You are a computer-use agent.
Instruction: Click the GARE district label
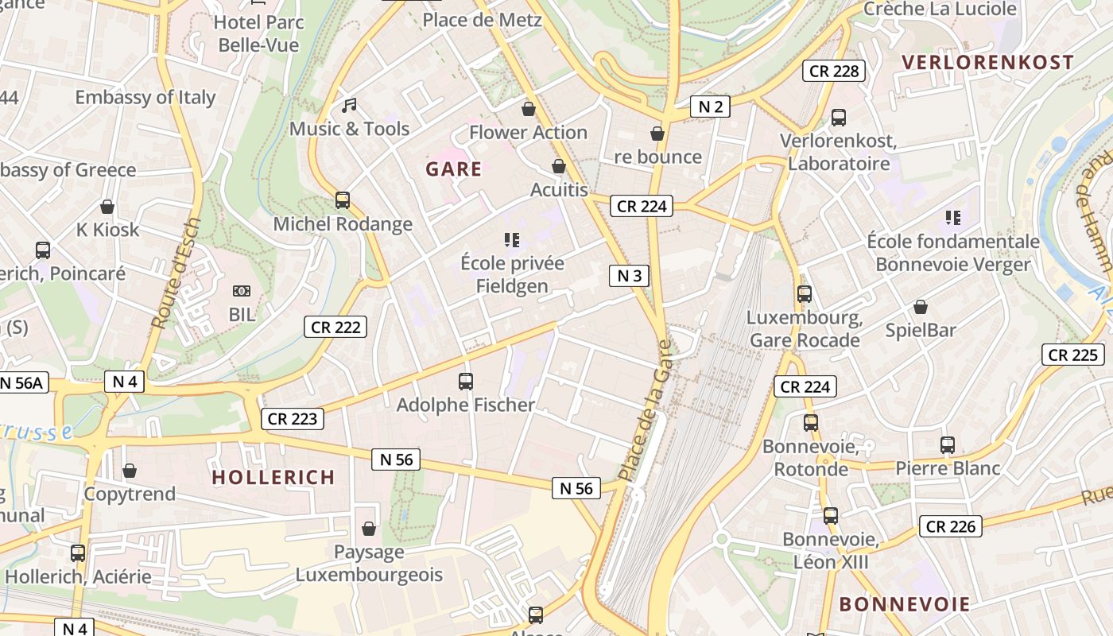(x=453, y=169)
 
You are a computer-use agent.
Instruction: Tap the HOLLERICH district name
(x=273, y=477)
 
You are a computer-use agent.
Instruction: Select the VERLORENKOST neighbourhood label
(x=987, y=63)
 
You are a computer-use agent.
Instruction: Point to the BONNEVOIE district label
(x=905, y=604)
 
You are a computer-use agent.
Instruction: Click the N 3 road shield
(x=629, y=276)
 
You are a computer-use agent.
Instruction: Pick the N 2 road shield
(x=710, y=107)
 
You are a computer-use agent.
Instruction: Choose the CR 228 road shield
(x=833, y=71)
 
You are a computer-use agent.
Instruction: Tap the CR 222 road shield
(x=335, y=327)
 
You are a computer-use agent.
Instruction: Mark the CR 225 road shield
(x=1073, y=355)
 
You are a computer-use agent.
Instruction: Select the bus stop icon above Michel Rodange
(x=343, y=200)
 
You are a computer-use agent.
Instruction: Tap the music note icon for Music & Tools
(x=349, y=105)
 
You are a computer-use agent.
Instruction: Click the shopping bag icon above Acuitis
(x=559, y=166)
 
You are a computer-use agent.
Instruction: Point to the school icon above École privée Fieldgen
(x=512, y=239)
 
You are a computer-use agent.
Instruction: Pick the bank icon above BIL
(x=242, y=292)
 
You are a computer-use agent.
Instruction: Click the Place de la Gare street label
(x=646, y=410)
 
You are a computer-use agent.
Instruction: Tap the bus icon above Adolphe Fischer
(x=466, y=382)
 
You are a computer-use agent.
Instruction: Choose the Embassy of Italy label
(x=145, y=98)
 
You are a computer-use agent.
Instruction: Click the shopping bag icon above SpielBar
(x=921, y=307)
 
